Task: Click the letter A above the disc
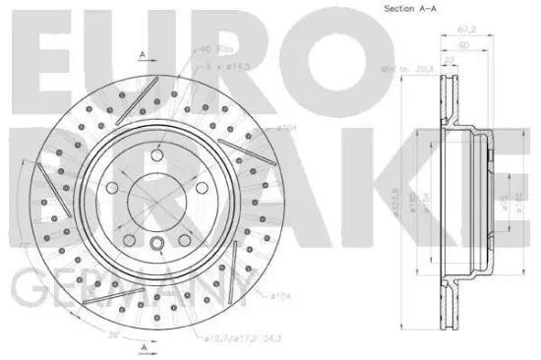[x=143, y=53]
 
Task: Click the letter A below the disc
[x=143, y=348]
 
